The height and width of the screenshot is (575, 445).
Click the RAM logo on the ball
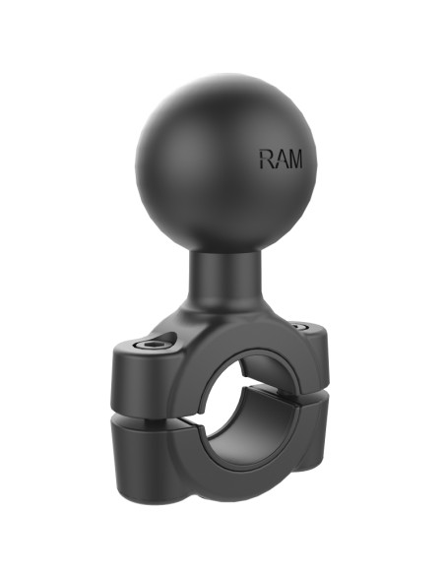(281, 160)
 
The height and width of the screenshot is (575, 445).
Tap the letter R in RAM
(266, 160)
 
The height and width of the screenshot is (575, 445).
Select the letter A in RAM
(280, 160)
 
